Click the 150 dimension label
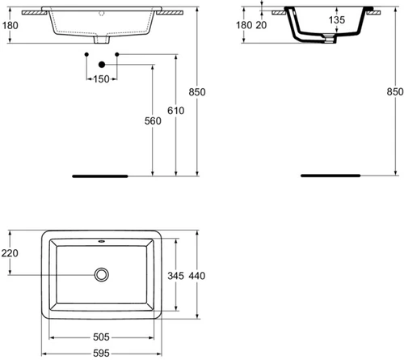coord(101,79)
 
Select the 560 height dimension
coord(153,121)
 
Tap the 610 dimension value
coord(176,111)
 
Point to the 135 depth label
coord(337,19)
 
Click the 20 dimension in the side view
coord(261,25)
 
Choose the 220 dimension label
coord(10,253)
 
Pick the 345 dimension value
coord(176,276)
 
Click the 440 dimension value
coord(197,276)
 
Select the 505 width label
coord(101,337)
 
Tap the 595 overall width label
coord(101,354)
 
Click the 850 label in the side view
coord(395,91)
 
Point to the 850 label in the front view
coord(197,92)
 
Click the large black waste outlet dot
coord(102,65)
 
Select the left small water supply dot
coord(86,54)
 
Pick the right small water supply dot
coord(117,54)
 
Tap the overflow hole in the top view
coord(102,241)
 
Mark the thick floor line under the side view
coord(330,176)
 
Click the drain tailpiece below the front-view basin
coord(102,40)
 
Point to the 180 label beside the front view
coord(11,25)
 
